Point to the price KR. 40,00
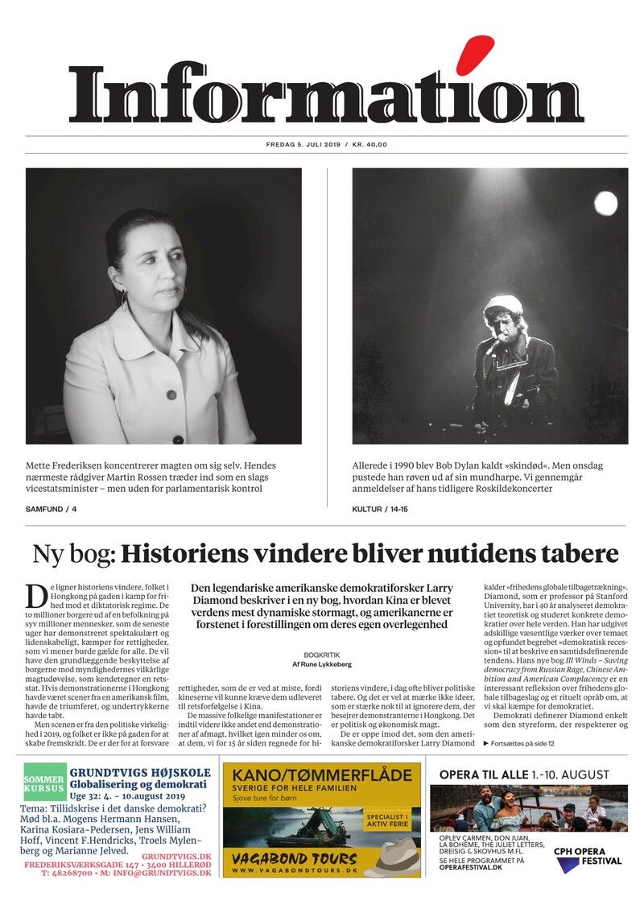click(369, 145)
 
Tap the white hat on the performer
click(503, 304)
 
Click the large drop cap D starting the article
click(36, 596)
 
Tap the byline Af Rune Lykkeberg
click(322, 665)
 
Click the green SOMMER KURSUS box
click(44, 786)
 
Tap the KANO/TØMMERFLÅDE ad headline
click(322, 776)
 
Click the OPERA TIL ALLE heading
click(524, 775)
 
